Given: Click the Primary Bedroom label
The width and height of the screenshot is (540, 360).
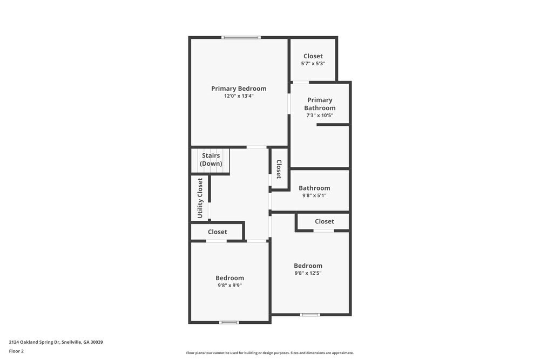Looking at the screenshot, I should (239, 89).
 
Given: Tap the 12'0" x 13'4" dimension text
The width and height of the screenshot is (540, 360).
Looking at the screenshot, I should (239, 96).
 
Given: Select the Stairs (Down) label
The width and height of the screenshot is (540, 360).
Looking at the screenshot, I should (211, 159).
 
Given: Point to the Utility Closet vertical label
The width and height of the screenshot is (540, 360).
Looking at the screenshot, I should (200, 198).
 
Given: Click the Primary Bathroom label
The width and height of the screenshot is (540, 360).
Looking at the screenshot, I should (320, 104).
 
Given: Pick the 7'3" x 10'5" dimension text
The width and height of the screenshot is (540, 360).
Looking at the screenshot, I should (320, 115).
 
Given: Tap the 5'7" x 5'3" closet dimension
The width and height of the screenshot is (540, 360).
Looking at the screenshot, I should (313, 64).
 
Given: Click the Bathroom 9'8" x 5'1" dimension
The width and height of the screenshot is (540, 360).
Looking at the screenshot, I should (314, 195).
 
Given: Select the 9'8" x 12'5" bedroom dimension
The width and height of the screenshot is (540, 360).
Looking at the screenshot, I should (308, 273).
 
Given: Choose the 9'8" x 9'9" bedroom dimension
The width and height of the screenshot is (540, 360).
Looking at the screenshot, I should (230, 286).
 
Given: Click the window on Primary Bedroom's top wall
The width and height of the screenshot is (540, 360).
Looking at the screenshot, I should (241, 37).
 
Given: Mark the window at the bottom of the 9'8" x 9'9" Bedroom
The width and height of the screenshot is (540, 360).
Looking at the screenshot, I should (229, 322).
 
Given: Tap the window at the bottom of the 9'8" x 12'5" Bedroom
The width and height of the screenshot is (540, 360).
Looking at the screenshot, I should (310, 314).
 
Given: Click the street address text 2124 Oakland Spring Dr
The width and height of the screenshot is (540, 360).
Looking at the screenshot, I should (56, 342).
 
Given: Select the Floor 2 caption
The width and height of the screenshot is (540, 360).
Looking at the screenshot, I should (16, 351).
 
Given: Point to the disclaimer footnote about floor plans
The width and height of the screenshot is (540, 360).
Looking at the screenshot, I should (270, 353).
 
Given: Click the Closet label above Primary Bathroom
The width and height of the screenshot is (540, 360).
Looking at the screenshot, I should (313, 56).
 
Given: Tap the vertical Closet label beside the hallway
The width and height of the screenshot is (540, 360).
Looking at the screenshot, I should (279, 169).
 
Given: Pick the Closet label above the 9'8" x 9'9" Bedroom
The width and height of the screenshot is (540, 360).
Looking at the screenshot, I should (218, 232).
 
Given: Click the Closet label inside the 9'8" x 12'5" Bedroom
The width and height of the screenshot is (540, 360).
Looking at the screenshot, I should (325, 221).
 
